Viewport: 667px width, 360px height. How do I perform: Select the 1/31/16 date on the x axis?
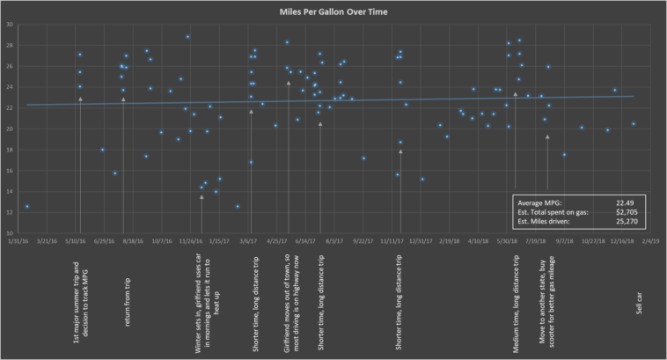point(20,239)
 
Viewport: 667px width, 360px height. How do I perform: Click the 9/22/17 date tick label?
point(364,239)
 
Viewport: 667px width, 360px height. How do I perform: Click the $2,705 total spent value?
point(630,211)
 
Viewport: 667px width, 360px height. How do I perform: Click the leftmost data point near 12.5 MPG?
point(27,207)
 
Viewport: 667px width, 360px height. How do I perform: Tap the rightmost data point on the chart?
point(633,123)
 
